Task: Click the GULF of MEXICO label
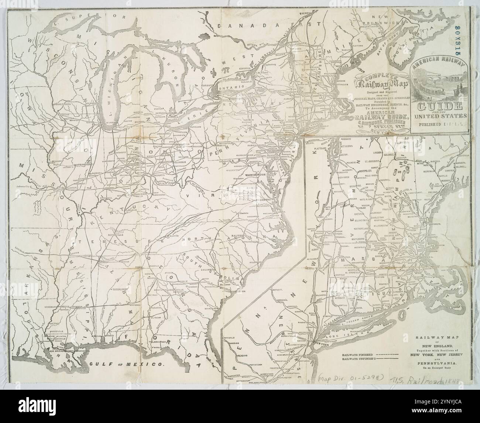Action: [x=127, y=364]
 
